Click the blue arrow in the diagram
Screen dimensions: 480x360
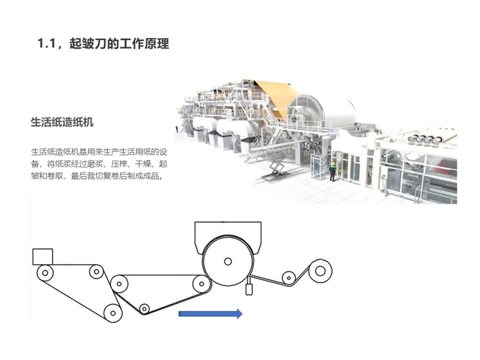(211, 314)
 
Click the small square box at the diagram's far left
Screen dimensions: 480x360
(43, 257)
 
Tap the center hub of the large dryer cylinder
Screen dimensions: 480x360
(228, 261)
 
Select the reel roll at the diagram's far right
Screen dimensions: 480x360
(320, 271)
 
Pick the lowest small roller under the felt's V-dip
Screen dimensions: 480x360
(144, 308)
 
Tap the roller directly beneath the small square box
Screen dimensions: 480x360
(45, 273)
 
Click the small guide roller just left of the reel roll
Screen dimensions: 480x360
(289, 278)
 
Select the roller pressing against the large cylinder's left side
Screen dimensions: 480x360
(201, 284)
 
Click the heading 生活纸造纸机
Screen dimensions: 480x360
(62, 122)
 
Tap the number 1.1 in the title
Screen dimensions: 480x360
(46, 43)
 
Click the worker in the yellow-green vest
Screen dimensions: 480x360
(333, 172)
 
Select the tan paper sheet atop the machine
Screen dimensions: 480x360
(277, 97)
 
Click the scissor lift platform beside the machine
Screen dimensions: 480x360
(275, 169)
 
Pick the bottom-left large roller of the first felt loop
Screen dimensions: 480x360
(113, 313)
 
